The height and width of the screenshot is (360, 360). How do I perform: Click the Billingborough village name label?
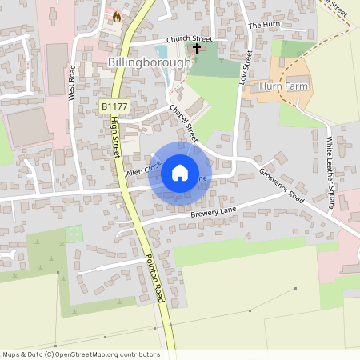[150, 62]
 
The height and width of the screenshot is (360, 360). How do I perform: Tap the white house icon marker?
[180, 173]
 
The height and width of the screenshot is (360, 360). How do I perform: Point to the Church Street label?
[190, 38]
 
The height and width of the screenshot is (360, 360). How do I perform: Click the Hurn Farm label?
[283, 85]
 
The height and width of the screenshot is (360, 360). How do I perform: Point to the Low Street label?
[248, 68]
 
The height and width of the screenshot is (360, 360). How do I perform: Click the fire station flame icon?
[116, 16]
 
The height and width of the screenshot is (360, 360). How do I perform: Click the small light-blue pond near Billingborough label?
[165, 78]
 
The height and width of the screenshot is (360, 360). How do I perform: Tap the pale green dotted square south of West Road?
[74, 234]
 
